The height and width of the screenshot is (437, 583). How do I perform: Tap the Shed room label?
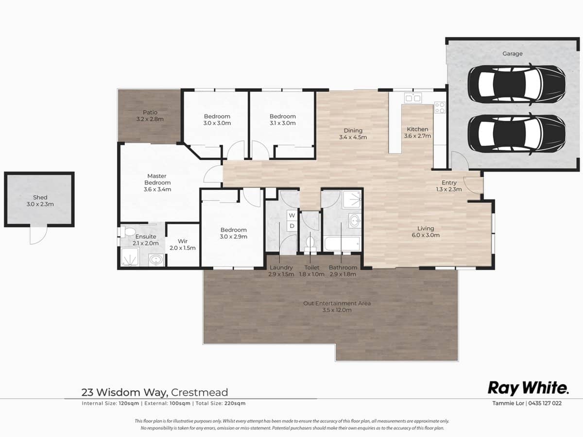coord(40,201)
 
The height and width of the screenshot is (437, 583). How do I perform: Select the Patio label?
coord(150,116)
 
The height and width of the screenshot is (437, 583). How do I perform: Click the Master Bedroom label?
coord(157,183)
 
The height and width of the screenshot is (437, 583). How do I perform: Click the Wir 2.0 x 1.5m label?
coord(183,244)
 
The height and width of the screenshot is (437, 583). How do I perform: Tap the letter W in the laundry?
coord(292,215)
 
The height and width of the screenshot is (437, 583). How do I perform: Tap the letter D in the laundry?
coord(292,226)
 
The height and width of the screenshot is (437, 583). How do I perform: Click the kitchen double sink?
coord(413,99)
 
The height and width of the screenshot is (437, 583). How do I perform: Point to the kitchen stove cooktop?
coord(440,107)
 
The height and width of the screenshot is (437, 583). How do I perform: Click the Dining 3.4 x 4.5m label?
coord(353,134)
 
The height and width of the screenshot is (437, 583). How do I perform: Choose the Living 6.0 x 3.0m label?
coord(425,232)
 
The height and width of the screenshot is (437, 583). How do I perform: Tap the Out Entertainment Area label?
coord(337,306)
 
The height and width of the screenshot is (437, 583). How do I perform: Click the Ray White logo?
coord(528,388)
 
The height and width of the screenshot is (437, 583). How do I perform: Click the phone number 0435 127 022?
coord(544,403)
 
